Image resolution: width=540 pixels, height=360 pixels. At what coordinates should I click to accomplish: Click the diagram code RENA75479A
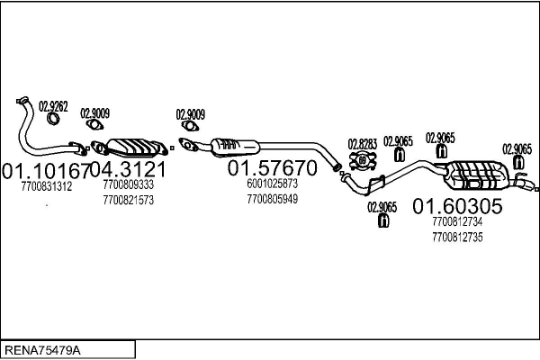(42, 350)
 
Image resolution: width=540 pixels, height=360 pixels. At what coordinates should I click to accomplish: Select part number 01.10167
(46, 170)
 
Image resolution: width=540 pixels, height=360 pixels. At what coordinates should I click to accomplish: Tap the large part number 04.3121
(128, 169)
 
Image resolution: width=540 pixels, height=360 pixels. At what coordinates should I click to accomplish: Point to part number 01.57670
(272, 167)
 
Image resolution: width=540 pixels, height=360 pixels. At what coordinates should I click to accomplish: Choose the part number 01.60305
(457, 206)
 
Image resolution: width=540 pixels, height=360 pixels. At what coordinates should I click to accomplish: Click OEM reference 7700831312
(47, 186)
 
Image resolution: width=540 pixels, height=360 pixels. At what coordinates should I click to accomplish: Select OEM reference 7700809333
(129, 184)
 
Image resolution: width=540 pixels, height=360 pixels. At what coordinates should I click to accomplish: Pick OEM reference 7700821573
(129, 200)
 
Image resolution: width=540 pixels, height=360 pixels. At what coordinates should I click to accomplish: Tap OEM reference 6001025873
(272, 184)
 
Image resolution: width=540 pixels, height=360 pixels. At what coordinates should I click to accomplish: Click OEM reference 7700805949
(272, 199)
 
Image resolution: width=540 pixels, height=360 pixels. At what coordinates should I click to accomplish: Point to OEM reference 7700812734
(457, 222)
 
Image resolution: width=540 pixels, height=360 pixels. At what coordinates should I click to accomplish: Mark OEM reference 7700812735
(457, 238)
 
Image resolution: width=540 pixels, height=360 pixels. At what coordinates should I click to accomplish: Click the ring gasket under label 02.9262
(53, 119)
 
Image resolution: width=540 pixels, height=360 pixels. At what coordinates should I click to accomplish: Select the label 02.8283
(363, 144)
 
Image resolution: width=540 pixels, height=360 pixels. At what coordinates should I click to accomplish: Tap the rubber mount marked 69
(363, 160)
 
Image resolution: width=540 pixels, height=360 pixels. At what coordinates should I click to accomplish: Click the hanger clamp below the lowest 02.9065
(383, 220)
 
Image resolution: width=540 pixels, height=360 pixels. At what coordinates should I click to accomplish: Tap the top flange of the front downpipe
(22, 100)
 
